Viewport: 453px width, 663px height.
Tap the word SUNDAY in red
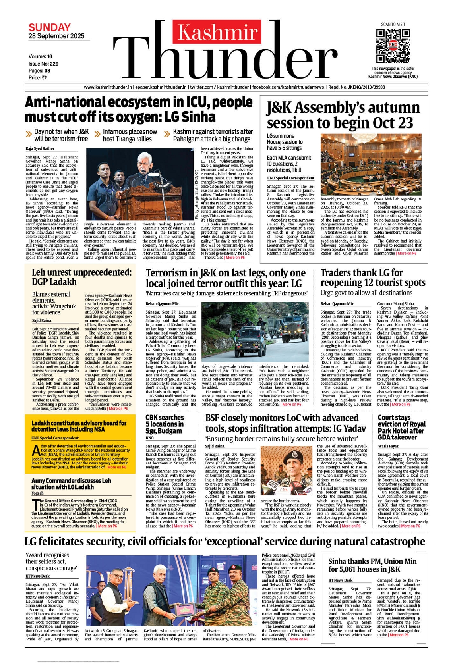coord(50,27)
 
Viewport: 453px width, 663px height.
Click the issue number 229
coord(54,64)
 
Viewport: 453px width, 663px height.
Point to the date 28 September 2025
coord(56,36)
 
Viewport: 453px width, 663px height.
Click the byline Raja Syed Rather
coord(40,148)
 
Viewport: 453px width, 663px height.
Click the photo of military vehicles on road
coord(255,332)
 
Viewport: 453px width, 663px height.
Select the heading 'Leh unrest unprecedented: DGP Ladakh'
coord(81,277)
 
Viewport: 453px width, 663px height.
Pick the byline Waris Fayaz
coord(388,446)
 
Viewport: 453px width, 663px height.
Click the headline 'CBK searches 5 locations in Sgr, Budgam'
coord(165,424)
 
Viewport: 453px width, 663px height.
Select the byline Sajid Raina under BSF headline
coord(215,446)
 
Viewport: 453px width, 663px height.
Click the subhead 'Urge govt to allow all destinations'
coord(366,293)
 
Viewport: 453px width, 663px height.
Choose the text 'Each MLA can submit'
coord(289,158)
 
